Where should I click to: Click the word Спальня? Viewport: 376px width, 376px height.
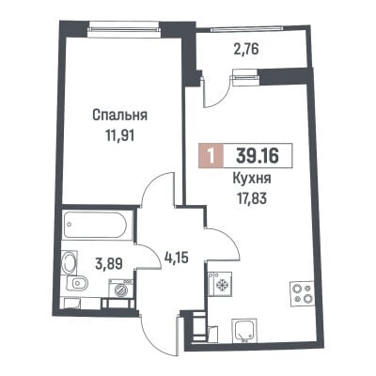[120, 116]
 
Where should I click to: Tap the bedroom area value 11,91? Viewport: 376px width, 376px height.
[119, 135]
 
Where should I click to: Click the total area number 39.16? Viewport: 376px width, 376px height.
[258, 155]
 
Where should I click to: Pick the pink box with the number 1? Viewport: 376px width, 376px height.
[211, 155]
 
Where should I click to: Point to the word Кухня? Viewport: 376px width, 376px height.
[252, 180]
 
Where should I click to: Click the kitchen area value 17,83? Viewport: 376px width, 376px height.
[252, 198]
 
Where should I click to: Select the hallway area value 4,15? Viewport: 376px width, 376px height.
[177, 258]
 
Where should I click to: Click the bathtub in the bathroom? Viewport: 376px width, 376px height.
[95, 225]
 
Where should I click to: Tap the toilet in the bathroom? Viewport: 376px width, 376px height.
[77, 285]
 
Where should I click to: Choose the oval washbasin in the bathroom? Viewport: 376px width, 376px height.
[69, 262]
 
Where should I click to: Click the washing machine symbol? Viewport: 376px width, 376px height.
[120, 289]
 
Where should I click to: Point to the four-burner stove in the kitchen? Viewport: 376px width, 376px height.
[301, 293]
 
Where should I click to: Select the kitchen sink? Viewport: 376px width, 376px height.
[244, 330]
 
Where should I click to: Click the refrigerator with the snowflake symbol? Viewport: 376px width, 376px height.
[220, 284]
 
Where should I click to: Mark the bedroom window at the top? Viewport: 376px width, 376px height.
[124, 29]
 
